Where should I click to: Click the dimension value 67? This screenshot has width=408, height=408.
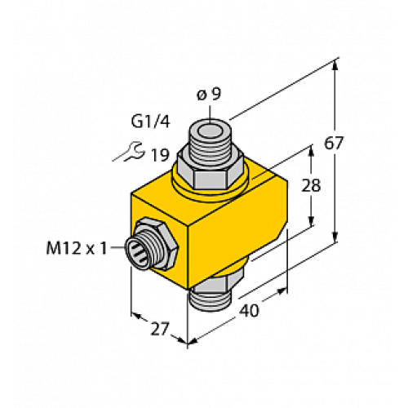[356, 144]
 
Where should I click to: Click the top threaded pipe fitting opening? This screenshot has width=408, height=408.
[210, 130]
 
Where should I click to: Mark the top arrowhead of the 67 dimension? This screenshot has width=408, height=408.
[336, 64]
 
